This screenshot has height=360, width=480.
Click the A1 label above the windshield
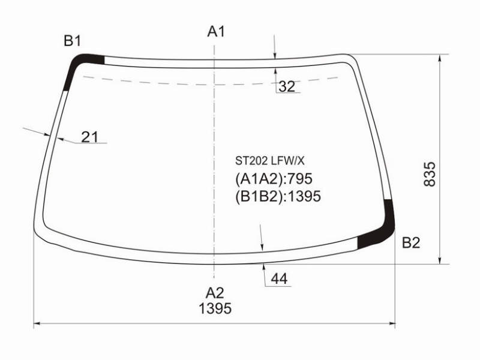click(216, 32)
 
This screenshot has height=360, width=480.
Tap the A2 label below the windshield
click(215, 293)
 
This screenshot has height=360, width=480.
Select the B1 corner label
click(72, 41)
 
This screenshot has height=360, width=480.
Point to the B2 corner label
click(411, 243)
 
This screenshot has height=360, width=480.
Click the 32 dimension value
click(287, 86)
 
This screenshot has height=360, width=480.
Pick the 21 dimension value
click(89, 137)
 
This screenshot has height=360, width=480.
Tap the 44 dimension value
click(279, 278)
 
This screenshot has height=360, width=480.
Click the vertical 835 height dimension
click(430, 174)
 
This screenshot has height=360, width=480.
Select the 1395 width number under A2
click(215, 308)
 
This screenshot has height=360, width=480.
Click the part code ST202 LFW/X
click(269, 161)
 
